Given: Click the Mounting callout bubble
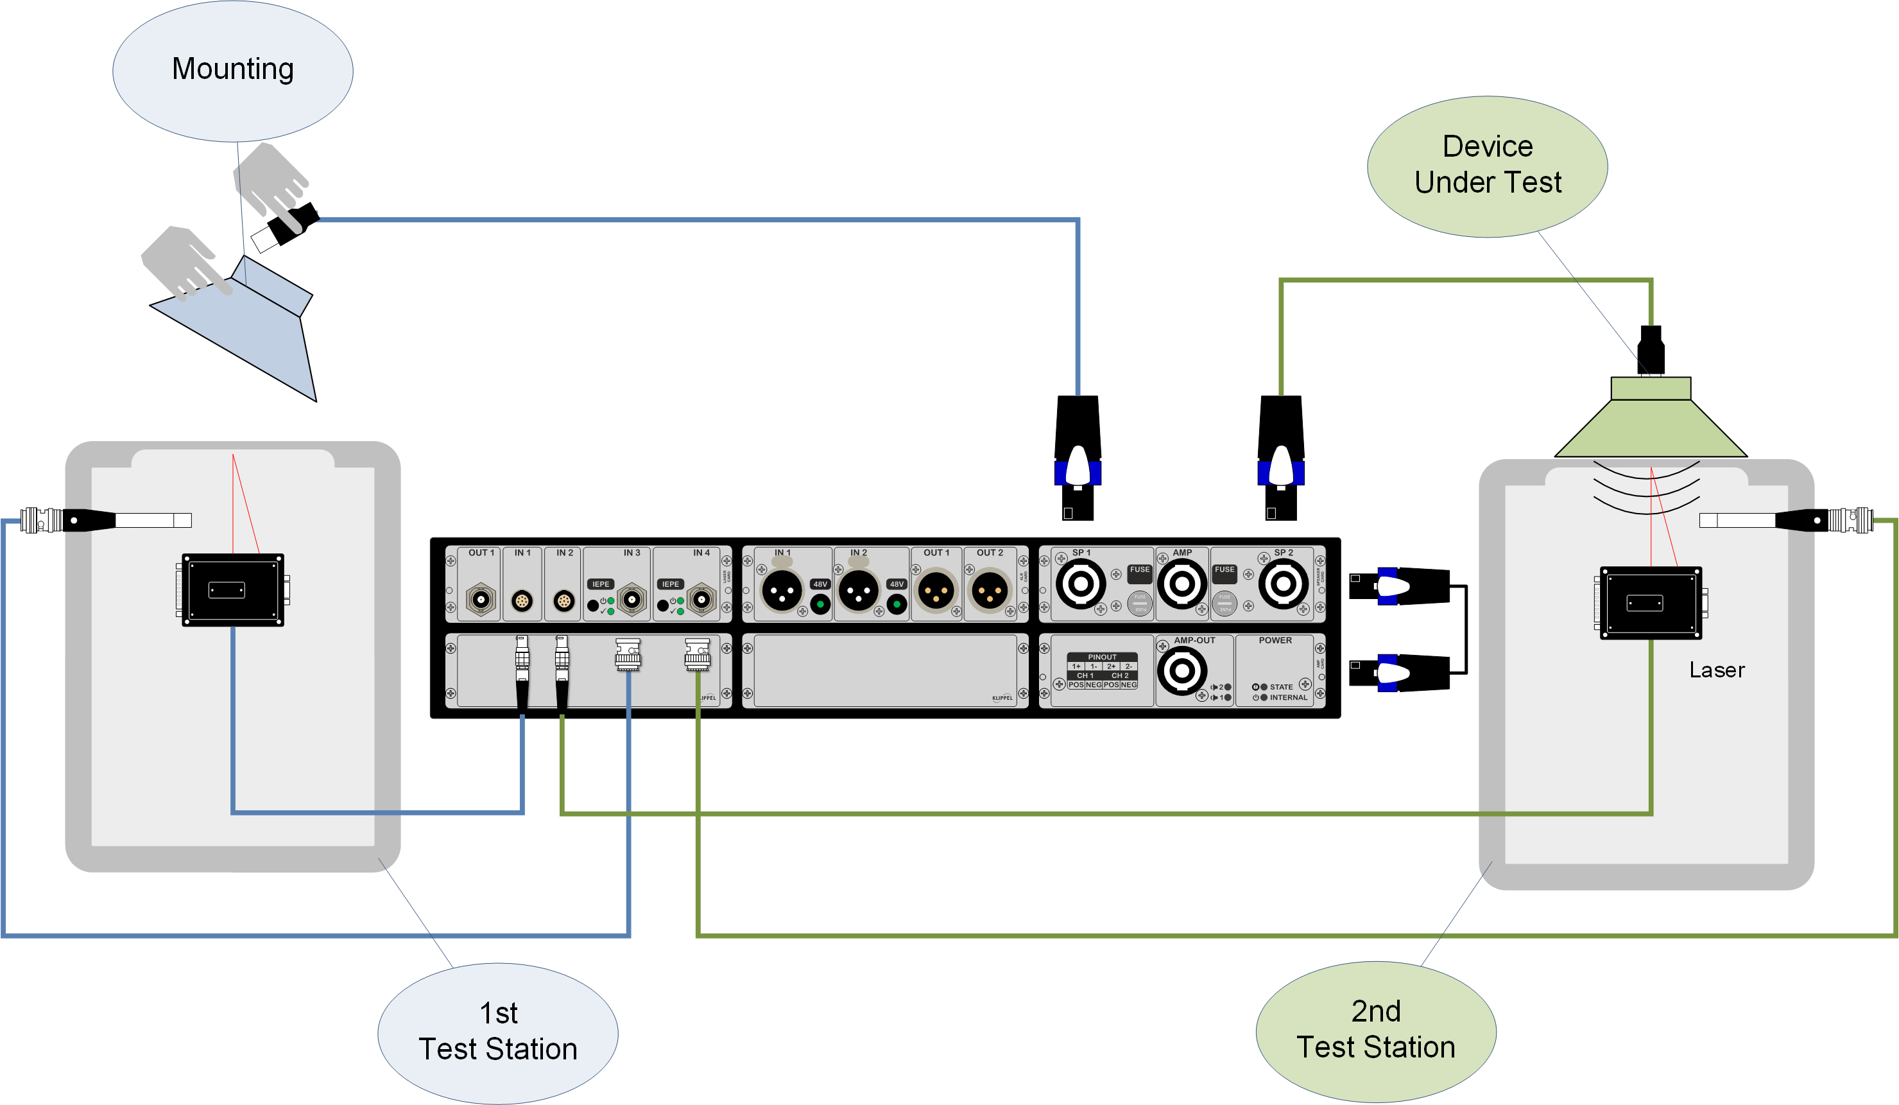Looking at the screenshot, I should coord(232,70).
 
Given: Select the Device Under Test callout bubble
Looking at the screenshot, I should coord(1487,165).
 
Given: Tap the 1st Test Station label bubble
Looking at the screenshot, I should coord(497,1032).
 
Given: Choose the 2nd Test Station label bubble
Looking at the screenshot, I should coord(1375,1031).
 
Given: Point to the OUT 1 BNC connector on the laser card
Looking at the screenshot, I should coord(481,600).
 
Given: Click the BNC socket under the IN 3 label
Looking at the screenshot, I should coord(632,600).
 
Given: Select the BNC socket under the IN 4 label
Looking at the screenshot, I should coord(701,600).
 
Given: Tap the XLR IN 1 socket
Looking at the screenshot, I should coord(782,590).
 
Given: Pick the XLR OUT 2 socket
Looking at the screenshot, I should coord(989,590).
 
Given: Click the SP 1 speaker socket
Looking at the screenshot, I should coord(1080,584).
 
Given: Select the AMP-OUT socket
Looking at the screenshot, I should coord(1181,670).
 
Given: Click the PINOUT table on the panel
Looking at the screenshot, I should coord(1101,671).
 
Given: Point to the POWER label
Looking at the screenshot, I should coord(1275,641).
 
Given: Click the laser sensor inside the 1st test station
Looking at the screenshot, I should coord(233,590).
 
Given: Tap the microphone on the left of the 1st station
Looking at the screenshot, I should coord(105,520).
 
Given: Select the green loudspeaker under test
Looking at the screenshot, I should coord(1651,422).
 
